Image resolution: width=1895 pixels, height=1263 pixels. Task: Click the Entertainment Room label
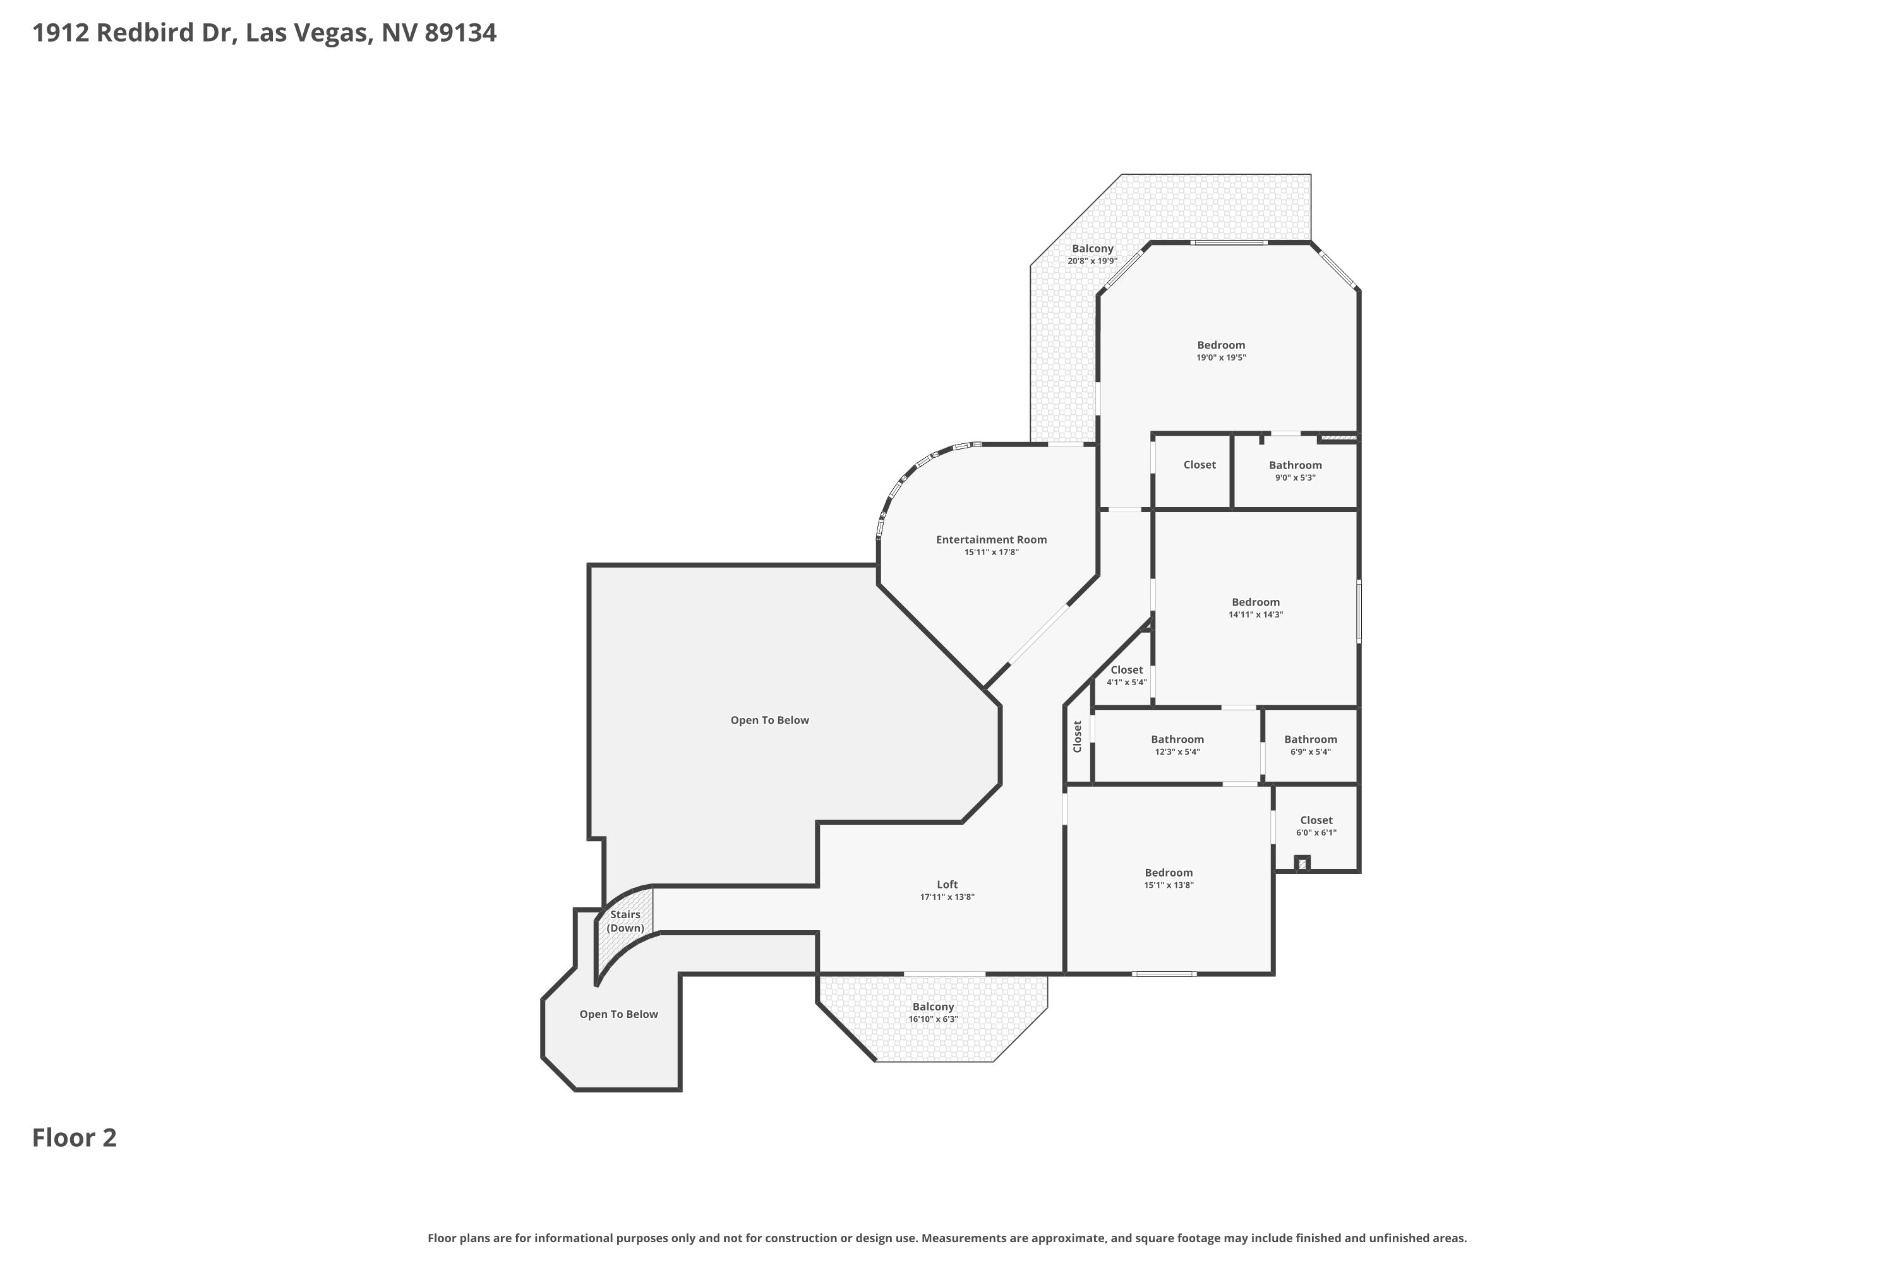point(991,540)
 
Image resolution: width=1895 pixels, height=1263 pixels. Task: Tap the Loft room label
point(947,885)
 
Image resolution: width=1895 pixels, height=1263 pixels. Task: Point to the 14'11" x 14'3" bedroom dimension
point(1255,614)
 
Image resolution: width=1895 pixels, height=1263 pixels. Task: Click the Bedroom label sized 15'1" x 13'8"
point(1168,872)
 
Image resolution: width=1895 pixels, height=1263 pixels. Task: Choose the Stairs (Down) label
point(625,921)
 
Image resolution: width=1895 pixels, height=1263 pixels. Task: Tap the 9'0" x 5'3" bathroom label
point(1295,471)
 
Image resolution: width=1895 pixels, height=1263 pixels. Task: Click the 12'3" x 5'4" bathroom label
point(1177,745)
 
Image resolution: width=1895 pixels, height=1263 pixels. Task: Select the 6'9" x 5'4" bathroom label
point(1310,745)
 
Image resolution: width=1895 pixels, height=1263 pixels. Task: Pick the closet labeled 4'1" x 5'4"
point(1126,676)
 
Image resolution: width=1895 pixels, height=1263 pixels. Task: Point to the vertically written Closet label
point(1077,736)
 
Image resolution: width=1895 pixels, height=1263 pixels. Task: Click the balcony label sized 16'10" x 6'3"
point(933,1012)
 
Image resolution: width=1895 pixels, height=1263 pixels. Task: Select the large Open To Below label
point(769,720)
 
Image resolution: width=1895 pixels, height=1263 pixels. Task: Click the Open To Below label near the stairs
point(619,1014)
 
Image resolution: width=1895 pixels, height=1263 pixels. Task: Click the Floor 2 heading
point(74,1137)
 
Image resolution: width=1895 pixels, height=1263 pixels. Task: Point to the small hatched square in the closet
point(1302,863)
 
